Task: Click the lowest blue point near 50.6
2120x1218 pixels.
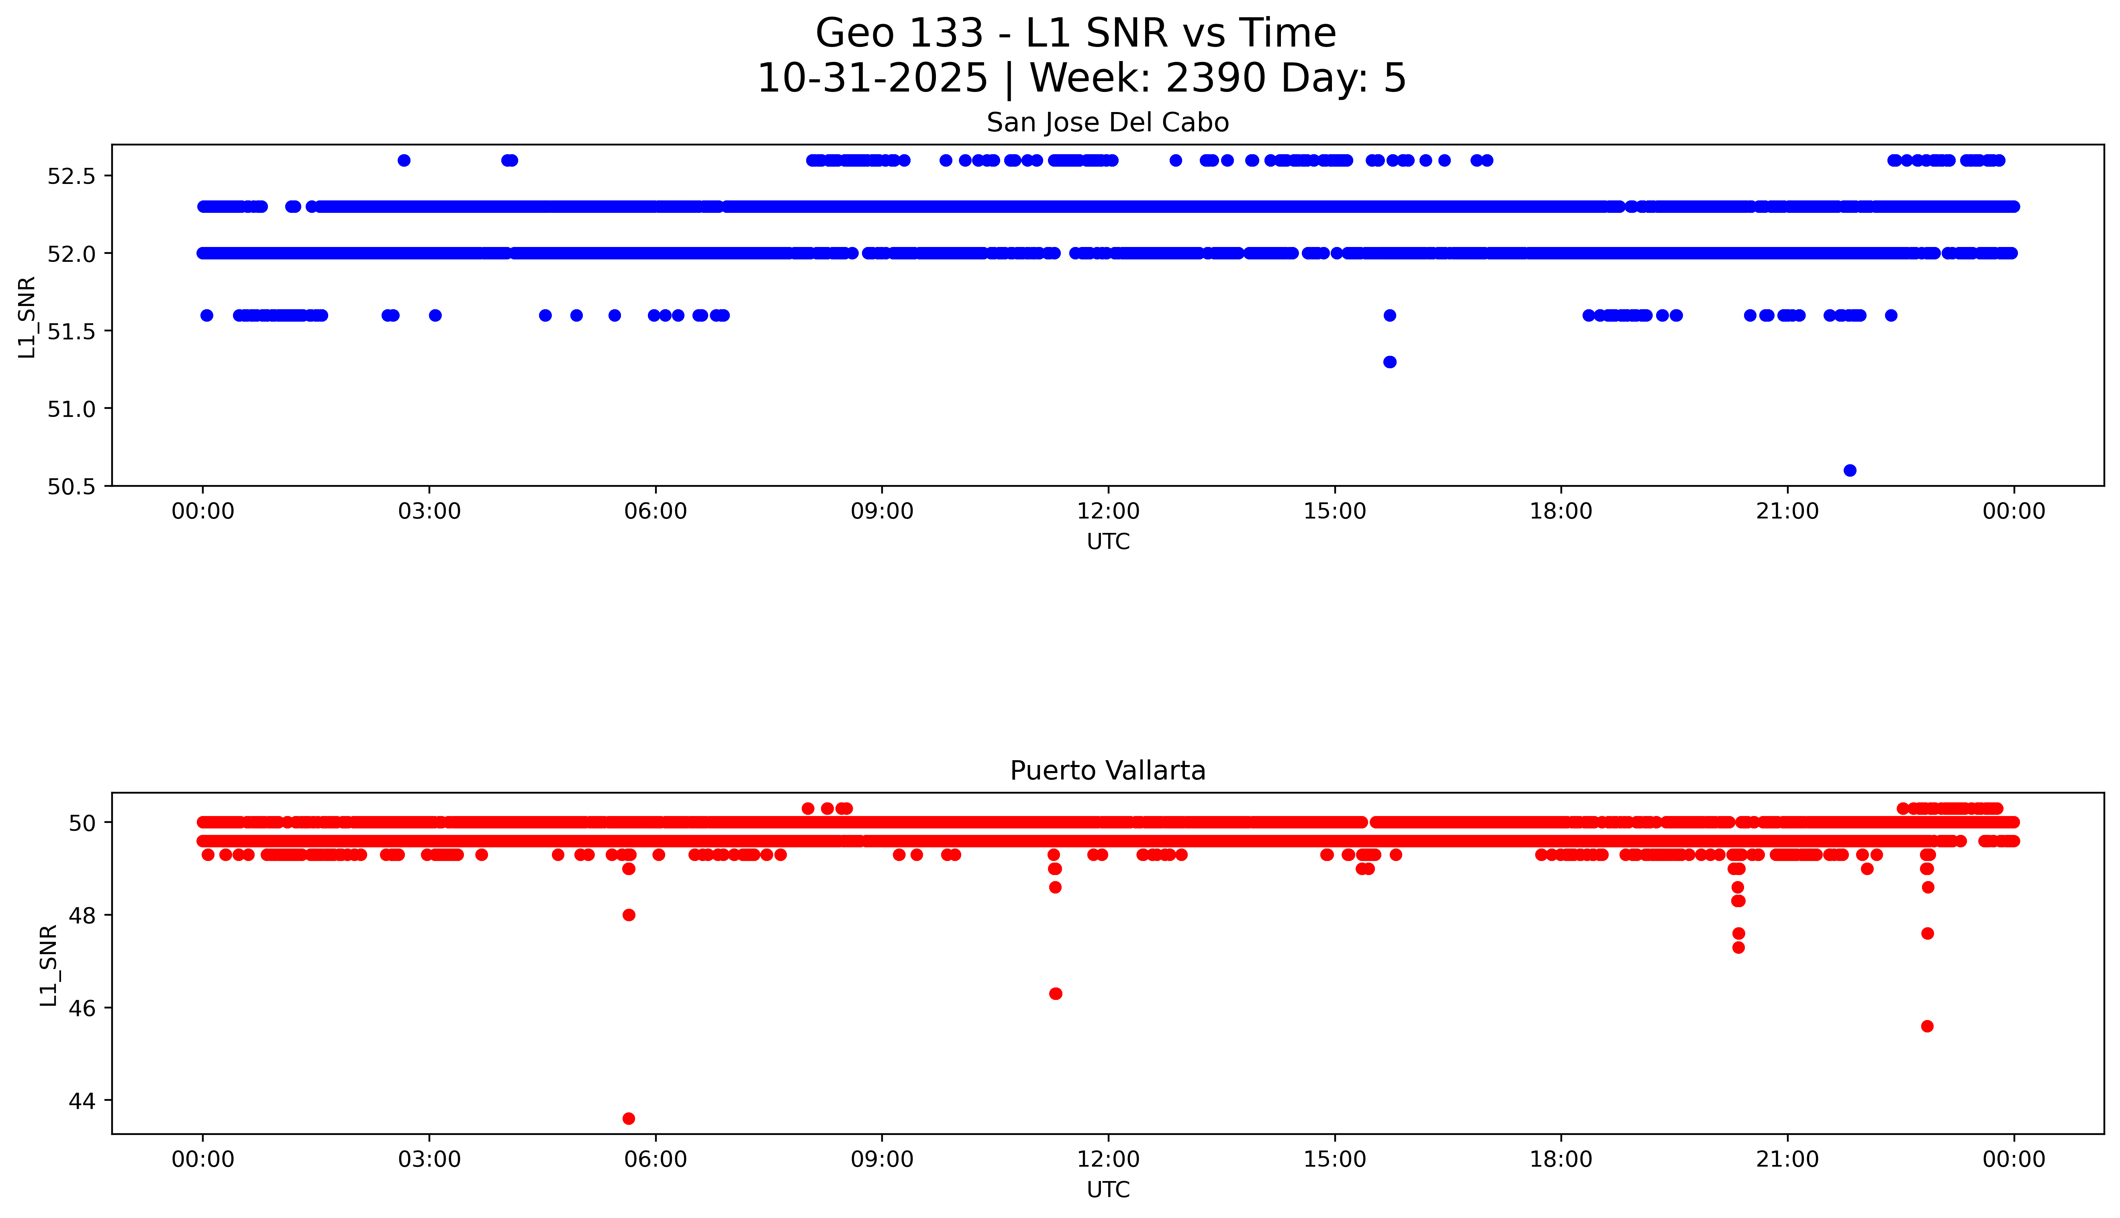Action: pyautogui.click(x=1850, y=470)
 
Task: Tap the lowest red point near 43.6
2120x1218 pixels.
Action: pyautogui.click(x=628, y=1118)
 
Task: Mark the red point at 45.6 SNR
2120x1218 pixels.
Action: pyautogui.click(x=1928, y=1026)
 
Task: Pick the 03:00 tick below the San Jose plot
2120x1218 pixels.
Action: pyautogui.click(x=429, y=511)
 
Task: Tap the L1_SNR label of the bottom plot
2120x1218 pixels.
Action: pyautogui.click(x=49, y=965)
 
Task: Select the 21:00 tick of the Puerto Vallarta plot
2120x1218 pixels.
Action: pyautogui.click(x=1787, y=1159)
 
